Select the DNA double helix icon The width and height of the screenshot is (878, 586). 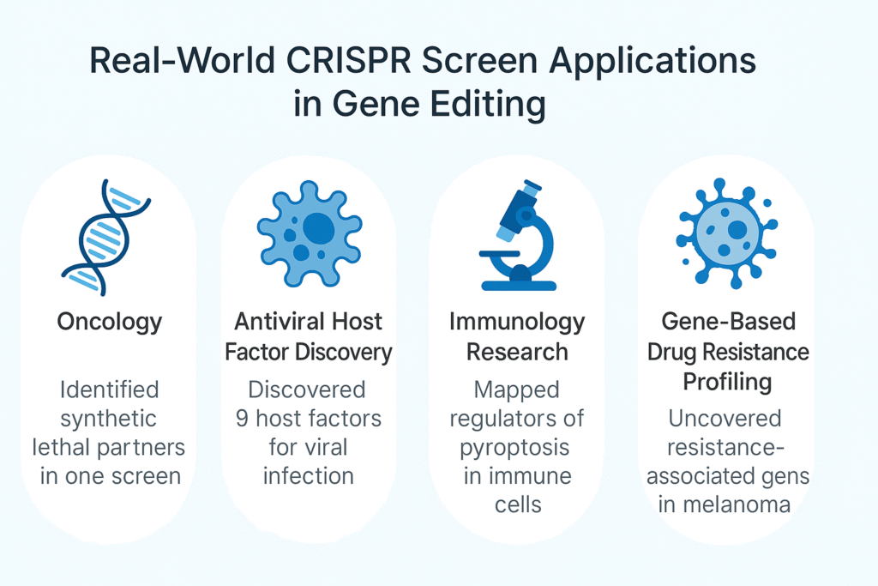[x=105, y=237]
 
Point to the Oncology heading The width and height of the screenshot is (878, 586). [x=110, y=323]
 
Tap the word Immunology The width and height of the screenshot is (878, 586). [x=517, y=323]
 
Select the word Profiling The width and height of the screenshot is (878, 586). [x=727, y=383]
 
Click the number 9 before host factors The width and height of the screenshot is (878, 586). [x=242, y=419]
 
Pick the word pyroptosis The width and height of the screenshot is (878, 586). [x=514, y=448]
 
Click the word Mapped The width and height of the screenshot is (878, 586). [x=517, y=390]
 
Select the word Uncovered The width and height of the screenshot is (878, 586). [x=725, y=418]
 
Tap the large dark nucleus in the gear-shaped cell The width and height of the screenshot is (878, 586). [x=319, y=228]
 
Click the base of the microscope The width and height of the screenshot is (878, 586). [x=519, y=285]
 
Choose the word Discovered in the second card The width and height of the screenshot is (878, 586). [x=307, y=390]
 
